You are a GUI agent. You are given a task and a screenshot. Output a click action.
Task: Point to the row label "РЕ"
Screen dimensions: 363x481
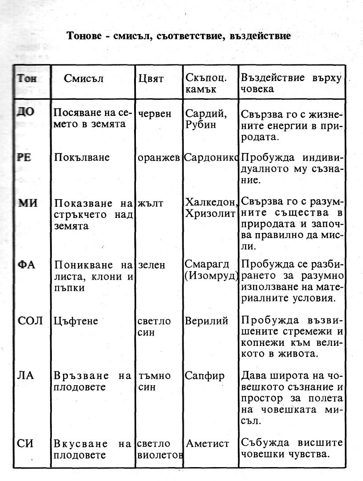24,158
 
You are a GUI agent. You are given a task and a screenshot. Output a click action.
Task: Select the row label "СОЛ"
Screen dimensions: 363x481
30,321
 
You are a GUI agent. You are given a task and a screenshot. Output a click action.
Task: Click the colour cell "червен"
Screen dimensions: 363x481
155,114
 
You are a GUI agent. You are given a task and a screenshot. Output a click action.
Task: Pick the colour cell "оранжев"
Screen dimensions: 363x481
159,159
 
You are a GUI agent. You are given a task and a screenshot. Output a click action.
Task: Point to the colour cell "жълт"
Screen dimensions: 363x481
151,204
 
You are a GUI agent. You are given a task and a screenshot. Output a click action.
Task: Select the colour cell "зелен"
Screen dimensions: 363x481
152,265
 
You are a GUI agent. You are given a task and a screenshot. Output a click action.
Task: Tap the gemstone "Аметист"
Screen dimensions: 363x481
207,444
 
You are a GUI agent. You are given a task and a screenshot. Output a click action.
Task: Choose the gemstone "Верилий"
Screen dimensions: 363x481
207,321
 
